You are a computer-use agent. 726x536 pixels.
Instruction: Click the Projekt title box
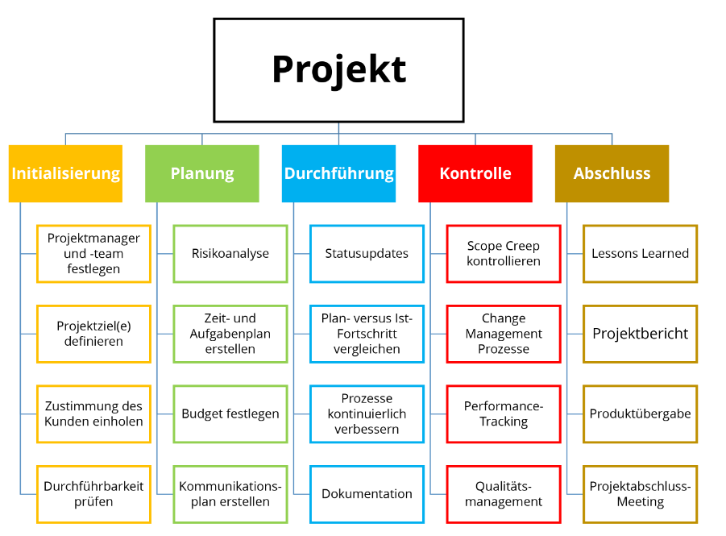click(x=338, y=70)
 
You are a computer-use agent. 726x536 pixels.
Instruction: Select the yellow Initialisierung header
click(x=65, y=173)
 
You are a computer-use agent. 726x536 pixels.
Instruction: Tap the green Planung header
click(x=202, y=173)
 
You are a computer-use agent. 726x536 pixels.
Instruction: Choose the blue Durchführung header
click(x=338, y=173)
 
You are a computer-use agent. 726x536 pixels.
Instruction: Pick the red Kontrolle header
click(x=475, y=173)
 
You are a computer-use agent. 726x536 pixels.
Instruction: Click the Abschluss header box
click(x=612, y=173)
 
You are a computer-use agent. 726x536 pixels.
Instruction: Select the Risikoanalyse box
click(x=230, y=253)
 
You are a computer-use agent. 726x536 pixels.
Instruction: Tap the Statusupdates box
click(x=367, y=253)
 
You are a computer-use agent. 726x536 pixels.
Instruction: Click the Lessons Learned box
click(x=640, y=253)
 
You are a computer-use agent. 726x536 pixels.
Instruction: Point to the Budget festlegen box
click(x=230, y=413)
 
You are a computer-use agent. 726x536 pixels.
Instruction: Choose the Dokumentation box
click(x=367, y=494)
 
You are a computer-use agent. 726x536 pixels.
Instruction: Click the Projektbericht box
click(x=640, y=334)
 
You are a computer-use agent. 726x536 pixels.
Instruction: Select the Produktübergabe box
click(x=640, y=413)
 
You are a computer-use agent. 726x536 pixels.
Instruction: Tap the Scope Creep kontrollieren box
click(x=504, y=253)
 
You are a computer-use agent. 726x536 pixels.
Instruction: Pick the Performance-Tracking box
click(x=504, y=413)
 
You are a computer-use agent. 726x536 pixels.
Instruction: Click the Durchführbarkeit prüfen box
click(x=93, y=494)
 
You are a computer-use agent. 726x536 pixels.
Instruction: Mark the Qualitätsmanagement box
click(x=504, y=494)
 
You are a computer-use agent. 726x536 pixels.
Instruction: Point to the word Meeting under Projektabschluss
click(x=641, y=502)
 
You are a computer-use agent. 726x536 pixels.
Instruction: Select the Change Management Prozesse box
click(x=504, y=334)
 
